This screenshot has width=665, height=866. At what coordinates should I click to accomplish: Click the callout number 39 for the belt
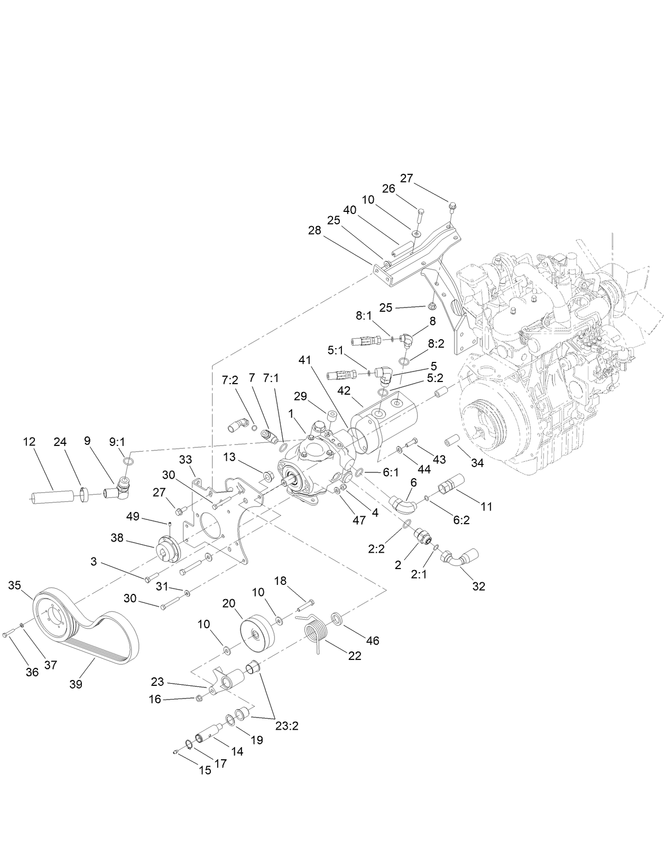pyautogui.click(x=76, y=684)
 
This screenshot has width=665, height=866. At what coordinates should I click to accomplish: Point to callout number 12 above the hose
pyautogui.click(x=29, y=441)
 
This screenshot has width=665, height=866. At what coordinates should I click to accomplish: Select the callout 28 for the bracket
pyautogui.click(x=315, y=230)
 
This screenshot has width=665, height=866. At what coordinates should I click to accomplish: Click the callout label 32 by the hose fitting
pyautogui.click(x=478, y=586)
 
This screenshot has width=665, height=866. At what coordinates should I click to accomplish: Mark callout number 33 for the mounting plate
pyautogui.click(x=186, y=460)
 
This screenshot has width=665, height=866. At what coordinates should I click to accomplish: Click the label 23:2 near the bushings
pyautogui.click(x=287, y=725)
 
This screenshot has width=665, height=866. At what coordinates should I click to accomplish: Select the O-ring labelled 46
pyautogui.click(x=336, y=618)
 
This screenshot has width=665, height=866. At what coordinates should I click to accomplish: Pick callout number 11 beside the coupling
pyautogui.click(x=486, y=506)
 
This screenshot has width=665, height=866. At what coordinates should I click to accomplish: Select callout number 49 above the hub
pyautogui.click(x=133, y=516)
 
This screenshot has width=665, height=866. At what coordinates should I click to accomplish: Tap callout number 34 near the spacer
pyautogui.click(x=477, y=463)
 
